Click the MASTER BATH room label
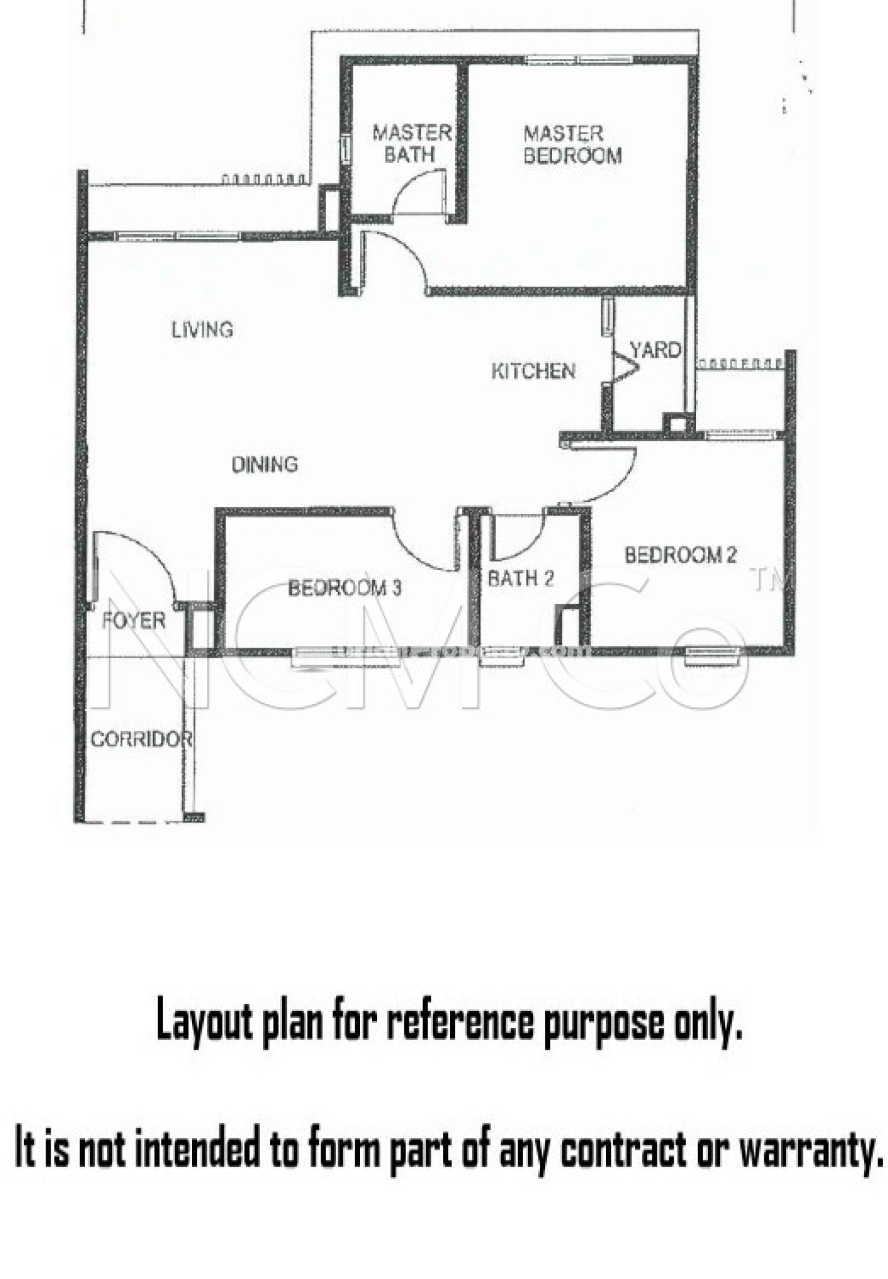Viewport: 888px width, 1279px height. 412,144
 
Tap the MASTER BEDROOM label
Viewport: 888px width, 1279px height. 572,144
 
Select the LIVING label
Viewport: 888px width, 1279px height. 202,329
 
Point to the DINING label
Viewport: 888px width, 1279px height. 265,464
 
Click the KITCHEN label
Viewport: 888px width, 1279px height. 533,371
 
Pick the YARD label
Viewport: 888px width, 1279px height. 655,350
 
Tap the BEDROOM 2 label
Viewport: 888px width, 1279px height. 681,555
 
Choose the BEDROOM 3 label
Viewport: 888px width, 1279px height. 344,588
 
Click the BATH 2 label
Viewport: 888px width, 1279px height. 521,578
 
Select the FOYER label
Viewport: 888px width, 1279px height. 134,620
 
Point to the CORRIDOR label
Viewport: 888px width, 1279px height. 141,739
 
